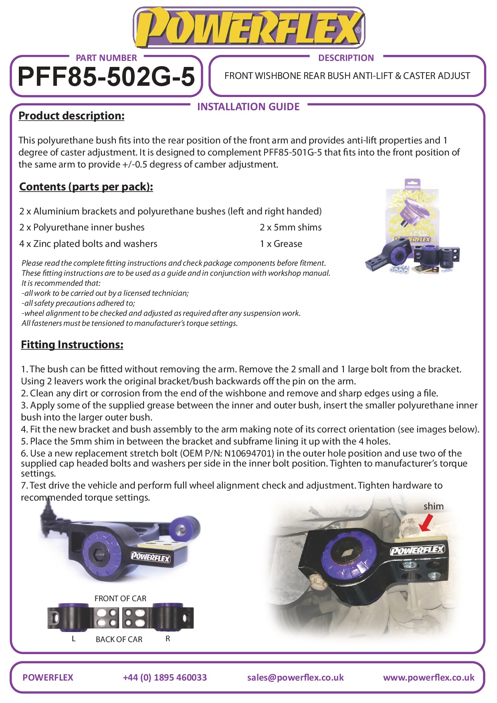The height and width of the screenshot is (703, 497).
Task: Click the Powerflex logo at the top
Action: tap(248, 28)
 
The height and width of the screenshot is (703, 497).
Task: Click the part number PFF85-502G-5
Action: tap(106, 76)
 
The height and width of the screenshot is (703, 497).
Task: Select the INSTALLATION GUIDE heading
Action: tap(248, 107)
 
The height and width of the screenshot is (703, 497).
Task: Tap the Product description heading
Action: tap(71, 116)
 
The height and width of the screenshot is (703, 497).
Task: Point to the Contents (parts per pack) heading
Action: tap(86, 187)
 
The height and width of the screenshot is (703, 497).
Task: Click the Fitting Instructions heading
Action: tap(72, 345)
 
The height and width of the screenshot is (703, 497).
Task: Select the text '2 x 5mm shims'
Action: tap(291, 227)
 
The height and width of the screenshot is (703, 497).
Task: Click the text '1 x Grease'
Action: tap(281, 244)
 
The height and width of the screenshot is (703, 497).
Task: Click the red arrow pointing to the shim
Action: tap(426, 523)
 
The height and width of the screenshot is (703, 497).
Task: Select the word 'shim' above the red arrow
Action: tap(434, 506)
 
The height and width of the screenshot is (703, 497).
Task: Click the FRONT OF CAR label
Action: tap(120, 598)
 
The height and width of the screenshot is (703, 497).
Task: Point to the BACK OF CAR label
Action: tap(119, 639)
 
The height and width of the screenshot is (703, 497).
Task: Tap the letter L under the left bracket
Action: tap(73, 639)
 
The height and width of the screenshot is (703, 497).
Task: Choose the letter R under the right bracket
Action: tap(168, 638)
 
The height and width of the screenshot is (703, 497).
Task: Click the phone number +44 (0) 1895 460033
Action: tap(165, 677)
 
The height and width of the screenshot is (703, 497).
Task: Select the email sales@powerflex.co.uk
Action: tap(295, 677)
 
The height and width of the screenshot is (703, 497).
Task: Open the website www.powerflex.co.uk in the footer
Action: tap(428, 677)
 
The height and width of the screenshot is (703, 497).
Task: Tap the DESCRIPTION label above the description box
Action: tap(346, 58)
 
